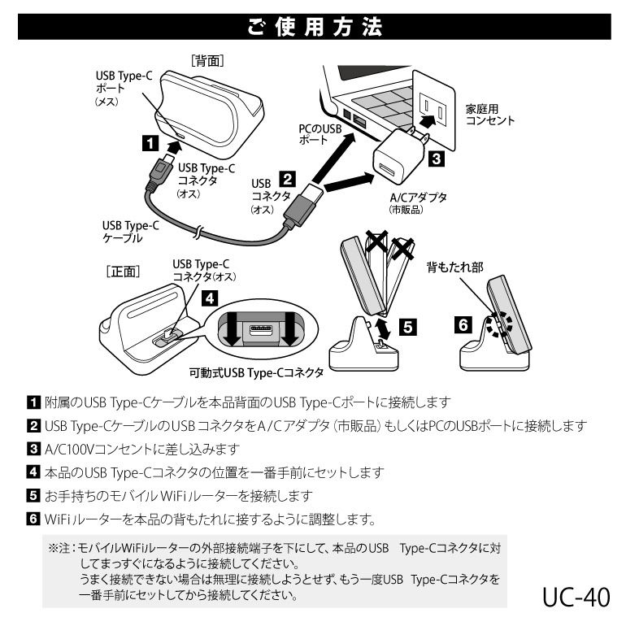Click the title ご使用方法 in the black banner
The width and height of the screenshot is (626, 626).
click(313, 27)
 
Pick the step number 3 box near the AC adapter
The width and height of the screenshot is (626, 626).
click(435, 160)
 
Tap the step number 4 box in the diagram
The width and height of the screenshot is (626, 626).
click(210, 298)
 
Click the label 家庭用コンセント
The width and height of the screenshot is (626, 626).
click(489, 115)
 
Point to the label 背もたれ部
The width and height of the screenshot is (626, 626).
click(455, 266)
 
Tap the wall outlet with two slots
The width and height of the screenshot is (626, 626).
click(431, 112)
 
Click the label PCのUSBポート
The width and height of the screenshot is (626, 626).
click(320, 134)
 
